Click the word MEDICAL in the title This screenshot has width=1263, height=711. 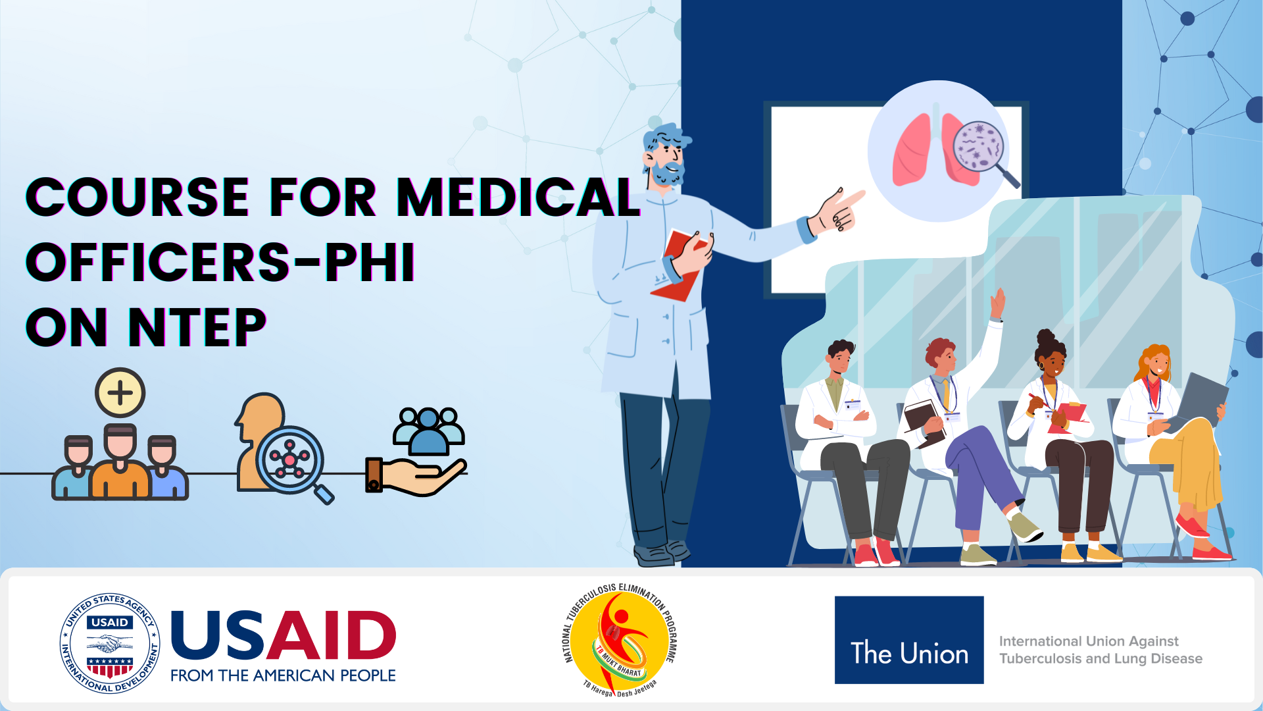coord(518,197)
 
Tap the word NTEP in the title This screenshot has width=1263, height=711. coord(197,327)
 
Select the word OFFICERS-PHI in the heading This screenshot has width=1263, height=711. coord(220,262)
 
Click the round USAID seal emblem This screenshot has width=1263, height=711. coord(110,643)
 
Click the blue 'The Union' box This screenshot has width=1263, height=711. coord(909,640)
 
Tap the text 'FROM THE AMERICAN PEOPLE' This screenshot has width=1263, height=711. coord(283,675)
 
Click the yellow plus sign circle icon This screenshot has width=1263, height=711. coord(120,393)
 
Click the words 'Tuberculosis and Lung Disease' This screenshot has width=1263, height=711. coord(1101,658)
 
